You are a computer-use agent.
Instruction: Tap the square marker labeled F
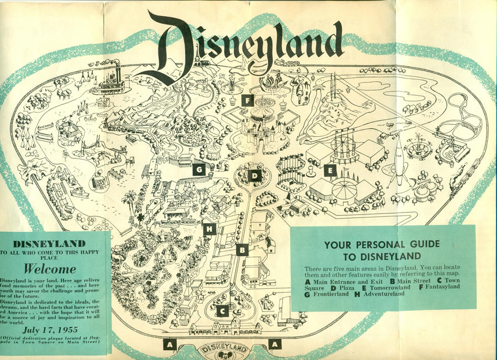point(247,100)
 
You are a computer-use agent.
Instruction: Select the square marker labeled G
point(199,170)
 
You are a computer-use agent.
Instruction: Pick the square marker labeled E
point(330,171)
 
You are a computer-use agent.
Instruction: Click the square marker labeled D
point(255,176)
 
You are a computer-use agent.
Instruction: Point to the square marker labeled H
point(209,229)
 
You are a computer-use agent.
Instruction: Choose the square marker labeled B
point(241,250)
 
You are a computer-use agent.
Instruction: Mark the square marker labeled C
point(222,311)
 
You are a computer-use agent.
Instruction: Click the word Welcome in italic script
point(50,270)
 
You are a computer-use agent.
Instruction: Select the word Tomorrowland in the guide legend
point(389,287)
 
